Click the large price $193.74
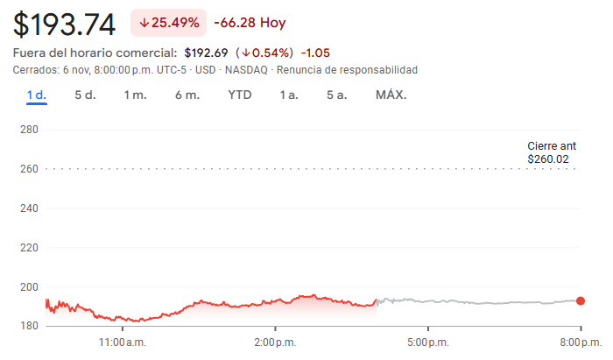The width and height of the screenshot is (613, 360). pos(65,23)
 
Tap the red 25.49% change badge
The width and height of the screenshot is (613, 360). pos(168,22)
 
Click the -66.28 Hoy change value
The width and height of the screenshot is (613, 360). pos(250,22)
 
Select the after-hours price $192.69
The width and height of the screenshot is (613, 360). pos(206,53)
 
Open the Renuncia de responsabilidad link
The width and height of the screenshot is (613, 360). pos(348,69)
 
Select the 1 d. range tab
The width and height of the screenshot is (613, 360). pos(36,95)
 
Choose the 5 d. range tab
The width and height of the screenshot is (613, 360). pos(85,95)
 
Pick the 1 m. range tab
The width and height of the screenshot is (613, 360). pos(135,95)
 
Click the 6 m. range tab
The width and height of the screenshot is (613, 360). pos(187,95)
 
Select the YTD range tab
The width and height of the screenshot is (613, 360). pos(240,95)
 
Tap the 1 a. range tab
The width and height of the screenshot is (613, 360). pos(289,95)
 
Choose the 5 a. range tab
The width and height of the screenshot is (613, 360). pos(336,95)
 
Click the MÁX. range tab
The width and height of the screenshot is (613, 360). pos(391,95)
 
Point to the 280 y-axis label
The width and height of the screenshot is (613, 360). pos(29,130)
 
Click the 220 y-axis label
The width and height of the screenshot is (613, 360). pos(29,248)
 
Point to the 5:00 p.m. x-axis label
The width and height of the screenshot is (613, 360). pos(428,341)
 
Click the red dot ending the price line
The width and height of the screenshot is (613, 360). pos(581,300)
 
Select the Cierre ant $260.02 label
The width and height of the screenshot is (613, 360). pos(552,152)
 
